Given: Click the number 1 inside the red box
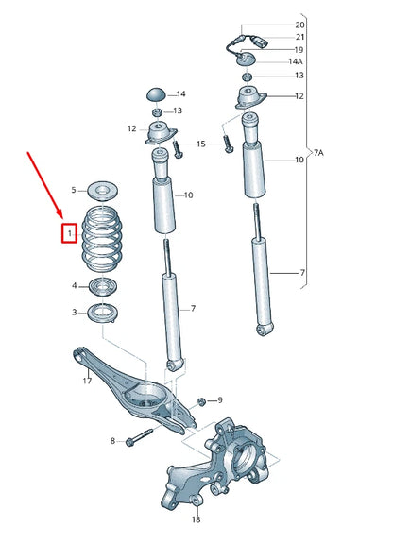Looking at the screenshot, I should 69,231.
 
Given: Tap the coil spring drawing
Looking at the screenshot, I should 102,241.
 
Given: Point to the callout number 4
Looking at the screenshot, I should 74,285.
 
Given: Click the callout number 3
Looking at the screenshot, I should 74,312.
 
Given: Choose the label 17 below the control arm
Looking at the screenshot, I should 86,381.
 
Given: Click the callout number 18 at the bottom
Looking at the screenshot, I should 196,518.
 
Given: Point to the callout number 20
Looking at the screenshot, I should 300,24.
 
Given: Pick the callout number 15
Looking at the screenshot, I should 201,144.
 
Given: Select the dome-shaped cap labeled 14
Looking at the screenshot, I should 156,94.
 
